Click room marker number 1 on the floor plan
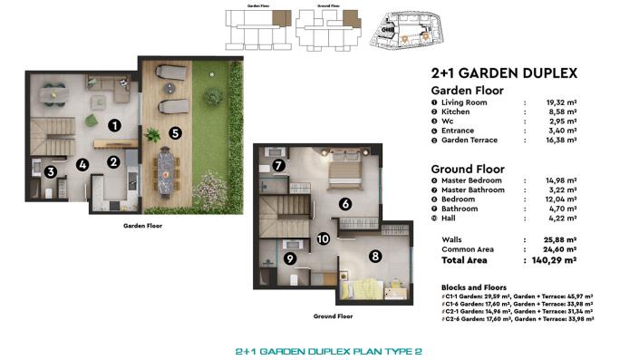(x=114, y=126)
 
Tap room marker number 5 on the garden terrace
(x=175, y=131)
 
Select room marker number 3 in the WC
(x=52, y=171)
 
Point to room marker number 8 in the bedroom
(x=375, y=257)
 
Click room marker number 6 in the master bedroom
(x=345, y=204)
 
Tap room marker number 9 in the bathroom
(x=289, y=258)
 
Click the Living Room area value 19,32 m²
(x=563, y=102)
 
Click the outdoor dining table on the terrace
(x=167, y=170)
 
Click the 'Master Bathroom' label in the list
(x=471, y=190)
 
